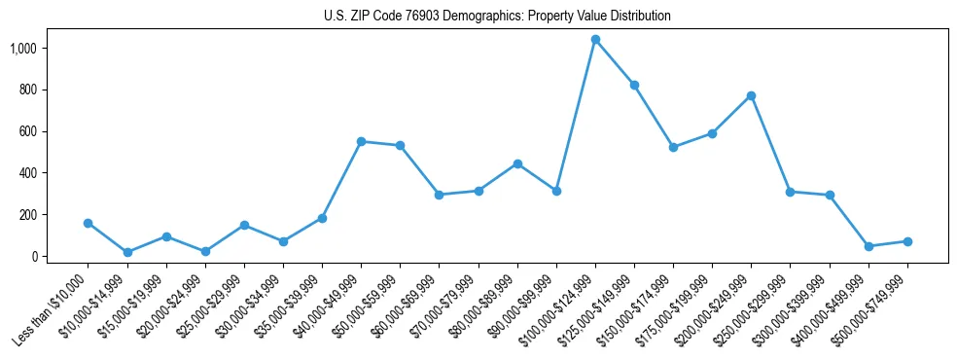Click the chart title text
pyautogui.click(x=497, y=17)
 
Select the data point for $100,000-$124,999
pyautogui.click(x=595, y=40)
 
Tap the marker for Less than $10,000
pyautogui.click(x=89, y=223)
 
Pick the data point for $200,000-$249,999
pyautogui.click(x=752, y=95)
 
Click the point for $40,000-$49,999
pyautogui.click(x=361, y=141)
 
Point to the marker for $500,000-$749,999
pyautogui.click(x=907, y=241)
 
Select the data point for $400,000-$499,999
pyautogui.click(x=868, y=246)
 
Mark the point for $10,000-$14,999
pyautogui.click(x=127, y=252)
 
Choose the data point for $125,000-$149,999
pyautogui.click(x=634, y=85)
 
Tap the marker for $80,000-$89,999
pyautogui.click(x=517, y=163)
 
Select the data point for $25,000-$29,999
pyautogui.click(x=244, y=225)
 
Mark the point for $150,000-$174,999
pyautogui.click(x=673, y=147)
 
